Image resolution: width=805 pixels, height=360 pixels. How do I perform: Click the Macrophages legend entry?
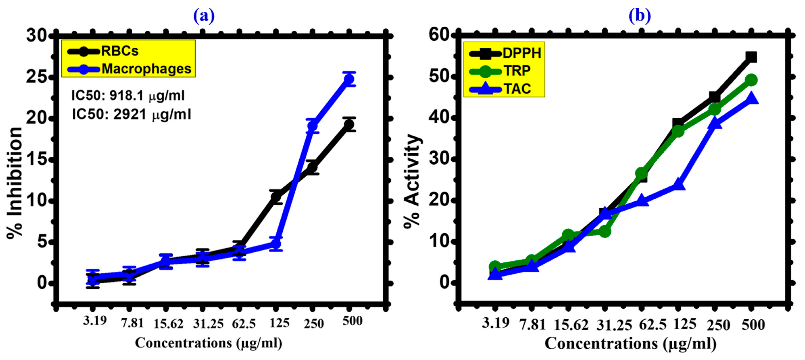coord(130,69)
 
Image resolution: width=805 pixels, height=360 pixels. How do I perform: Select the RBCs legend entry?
coord(103,51)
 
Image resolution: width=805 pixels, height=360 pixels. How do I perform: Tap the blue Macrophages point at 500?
coord(349,79)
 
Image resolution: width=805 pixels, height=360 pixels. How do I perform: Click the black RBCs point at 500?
coord(349,124)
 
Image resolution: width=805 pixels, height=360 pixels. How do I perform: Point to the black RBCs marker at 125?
coord(276,197)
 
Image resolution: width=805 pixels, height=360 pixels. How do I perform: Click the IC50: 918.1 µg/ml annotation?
coord(128,96)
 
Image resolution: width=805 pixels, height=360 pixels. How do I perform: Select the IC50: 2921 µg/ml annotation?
coord(131,114)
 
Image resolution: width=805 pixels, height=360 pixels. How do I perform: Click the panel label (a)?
coord(204,16)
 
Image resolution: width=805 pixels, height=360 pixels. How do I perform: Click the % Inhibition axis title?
coord(15,183)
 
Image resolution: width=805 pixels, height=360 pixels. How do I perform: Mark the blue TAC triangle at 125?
coord(678,185)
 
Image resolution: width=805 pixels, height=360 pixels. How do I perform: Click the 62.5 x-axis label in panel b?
coord(652,325)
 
